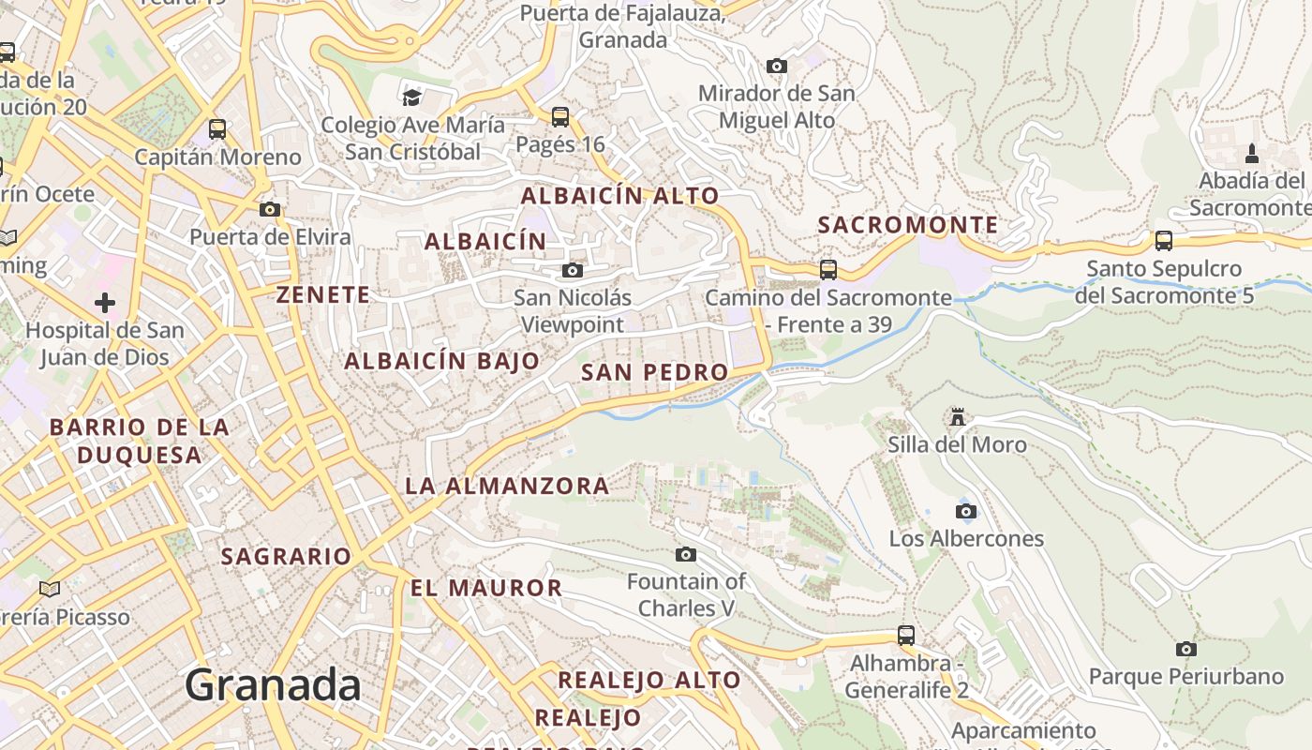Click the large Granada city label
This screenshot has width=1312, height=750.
click(273, 685)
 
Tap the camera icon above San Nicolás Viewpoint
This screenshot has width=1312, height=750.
click(572, 271)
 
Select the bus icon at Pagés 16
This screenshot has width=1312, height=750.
click(560, 117)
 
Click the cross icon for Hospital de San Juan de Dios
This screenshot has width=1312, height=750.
click(105, 303)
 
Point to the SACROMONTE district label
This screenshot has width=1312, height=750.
click(908, 225)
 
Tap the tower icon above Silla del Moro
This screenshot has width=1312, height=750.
click(958, 416)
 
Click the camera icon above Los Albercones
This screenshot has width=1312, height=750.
click(966, 511)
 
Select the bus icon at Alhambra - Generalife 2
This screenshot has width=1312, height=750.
click(906, 636)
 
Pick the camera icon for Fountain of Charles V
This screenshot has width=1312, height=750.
click(686, 554)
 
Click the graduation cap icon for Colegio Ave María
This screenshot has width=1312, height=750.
click(411, 97)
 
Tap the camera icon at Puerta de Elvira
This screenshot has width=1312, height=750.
click(270, 209)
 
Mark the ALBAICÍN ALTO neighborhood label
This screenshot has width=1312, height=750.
click(619, 196)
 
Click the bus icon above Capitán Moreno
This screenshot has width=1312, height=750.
click(217, 129)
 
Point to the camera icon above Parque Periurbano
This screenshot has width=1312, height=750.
click(1185, 649)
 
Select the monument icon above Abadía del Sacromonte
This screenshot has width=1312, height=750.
click(1251, 153)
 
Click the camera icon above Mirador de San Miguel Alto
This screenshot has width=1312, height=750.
click(777, 66)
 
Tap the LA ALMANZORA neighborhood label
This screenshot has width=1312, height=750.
click(507, 486)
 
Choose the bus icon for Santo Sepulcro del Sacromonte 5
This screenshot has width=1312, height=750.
click(1164, 241)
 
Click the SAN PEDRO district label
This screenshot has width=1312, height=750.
click(654, 372)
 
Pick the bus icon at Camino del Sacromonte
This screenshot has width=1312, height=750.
click(828, 270)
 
